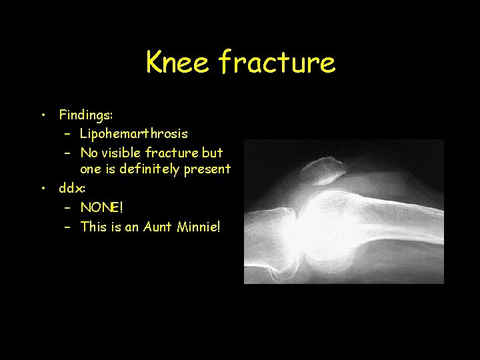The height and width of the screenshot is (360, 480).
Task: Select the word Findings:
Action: click(x=85, y=115)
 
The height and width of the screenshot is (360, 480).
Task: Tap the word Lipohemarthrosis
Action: click(x=133, y=133)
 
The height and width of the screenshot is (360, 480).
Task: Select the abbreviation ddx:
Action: click(x=72, y=188)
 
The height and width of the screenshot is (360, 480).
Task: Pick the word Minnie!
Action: click(x=198, y=227)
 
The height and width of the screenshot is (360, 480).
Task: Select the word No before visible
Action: click(x=89, y=152)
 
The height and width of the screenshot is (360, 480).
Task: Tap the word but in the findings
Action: click(x=212, y=152)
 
